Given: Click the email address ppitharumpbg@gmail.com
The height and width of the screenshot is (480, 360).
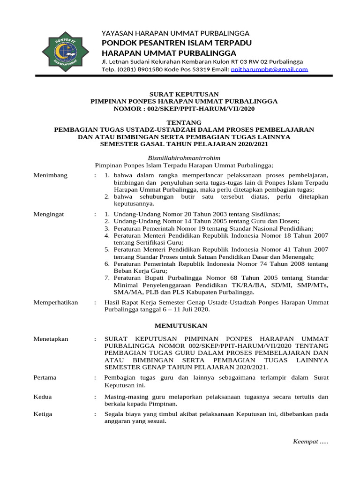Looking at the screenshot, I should pyautogui.click(x=270, y=69).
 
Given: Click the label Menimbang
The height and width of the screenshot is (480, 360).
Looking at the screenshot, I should pyautogui.click(x=51, y=175).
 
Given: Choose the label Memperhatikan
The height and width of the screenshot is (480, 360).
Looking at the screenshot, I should pyautogui.click(x=56, y=302).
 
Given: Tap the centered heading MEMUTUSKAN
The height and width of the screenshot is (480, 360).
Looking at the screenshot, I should pyautogui.click(x=180, y=325).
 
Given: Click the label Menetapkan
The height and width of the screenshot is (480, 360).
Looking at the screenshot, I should pyautogui.click(x=51, y=338).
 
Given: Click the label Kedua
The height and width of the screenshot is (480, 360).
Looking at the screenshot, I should pyautogui.click(x=43, y=397).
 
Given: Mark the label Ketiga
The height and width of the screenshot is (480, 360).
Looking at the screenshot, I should pyautogui.click(x=43, y=414).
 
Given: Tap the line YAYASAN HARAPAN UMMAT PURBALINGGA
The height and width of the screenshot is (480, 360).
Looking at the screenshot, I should pyautogui.click(x=175, y=33).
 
